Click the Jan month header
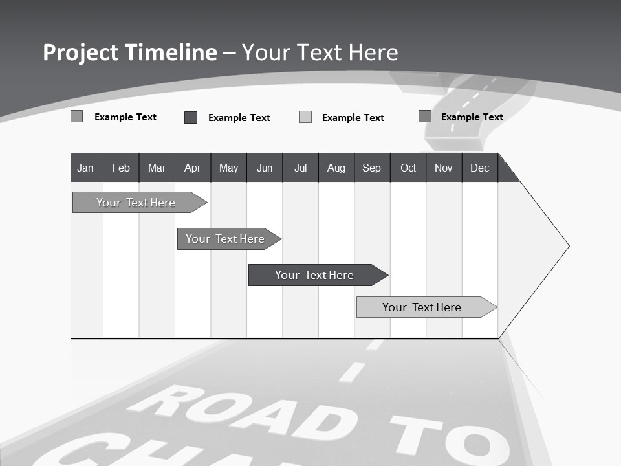pos(85,168)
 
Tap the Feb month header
pos(121,168)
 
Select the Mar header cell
pos(157,168)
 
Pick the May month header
pos(228,168)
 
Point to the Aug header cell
pos(336,168)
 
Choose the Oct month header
pos(408,168)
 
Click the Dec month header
pos(480,168)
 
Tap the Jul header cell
pos(301,168)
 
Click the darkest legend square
pos(191,117)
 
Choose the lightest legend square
pos(305,117)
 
